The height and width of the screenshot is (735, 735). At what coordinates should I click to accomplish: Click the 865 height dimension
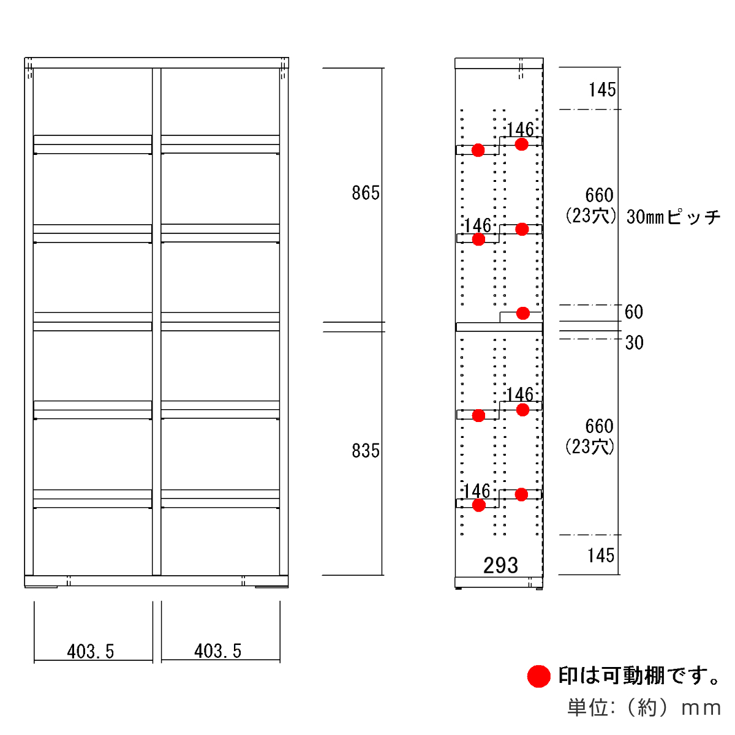pos(366,193)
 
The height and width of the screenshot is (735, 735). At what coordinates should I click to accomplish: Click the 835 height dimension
pos(366,451)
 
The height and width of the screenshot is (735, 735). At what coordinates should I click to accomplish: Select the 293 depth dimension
pos(500,565)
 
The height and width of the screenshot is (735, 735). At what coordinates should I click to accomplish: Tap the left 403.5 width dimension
pos(91,651)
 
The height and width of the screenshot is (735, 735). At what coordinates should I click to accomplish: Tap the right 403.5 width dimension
pos(218,651)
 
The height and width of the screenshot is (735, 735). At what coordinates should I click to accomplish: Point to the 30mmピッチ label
pos(673,217)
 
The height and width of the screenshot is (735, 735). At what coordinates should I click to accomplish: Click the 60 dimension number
pos(634,312)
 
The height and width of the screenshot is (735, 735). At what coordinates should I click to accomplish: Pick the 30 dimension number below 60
pos(635,342)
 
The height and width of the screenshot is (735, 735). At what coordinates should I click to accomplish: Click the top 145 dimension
pos(602,90)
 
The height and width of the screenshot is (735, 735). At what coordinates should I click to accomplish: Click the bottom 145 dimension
pos(601,556)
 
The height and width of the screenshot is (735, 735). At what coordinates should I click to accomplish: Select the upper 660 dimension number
pos(599,195)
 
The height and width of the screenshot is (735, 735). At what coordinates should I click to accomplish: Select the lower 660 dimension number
pos(599,426)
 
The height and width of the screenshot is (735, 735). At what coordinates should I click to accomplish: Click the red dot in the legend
pos(539,676)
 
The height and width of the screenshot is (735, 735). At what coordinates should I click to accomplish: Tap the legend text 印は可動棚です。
pos(639,676)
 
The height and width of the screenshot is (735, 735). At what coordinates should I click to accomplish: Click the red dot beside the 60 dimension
pos(522,313)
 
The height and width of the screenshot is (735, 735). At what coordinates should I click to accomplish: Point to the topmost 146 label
pos(520,129)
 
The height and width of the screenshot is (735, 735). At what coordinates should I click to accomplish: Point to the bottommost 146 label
pos(477,491)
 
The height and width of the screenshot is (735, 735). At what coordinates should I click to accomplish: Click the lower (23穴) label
pos(590,447)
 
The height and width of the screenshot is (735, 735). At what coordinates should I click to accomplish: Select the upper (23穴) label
pos(590,216)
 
